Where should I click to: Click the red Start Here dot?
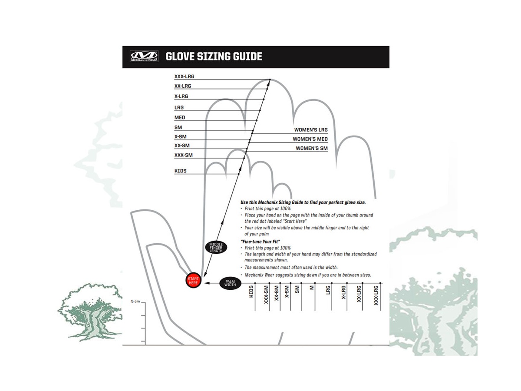coord(193,281)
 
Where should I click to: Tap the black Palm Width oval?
coord(230,283)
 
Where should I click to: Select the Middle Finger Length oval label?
coord(216,248)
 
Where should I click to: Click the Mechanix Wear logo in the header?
coord(145,57)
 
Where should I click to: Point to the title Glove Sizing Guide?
coord(214,56)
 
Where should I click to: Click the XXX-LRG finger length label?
coord(184,76)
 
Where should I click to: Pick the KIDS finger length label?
coord(180,171)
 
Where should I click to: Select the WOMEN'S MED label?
coord(310,139)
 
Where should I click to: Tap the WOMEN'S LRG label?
coord(311,129)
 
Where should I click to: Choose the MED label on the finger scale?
coord(179,117)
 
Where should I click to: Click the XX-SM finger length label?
coord(182,146)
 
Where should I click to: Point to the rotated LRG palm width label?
coord(328,290)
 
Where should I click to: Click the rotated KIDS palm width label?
coord(251,292)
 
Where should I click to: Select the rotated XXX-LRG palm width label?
coord(376,295)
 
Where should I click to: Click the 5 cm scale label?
coord(135,301)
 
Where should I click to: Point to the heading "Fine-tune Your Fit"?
coord(260,241)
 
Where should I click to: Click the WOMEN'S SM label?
coord(312,148)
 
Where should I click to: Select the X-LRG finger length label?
coord(181,96)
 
